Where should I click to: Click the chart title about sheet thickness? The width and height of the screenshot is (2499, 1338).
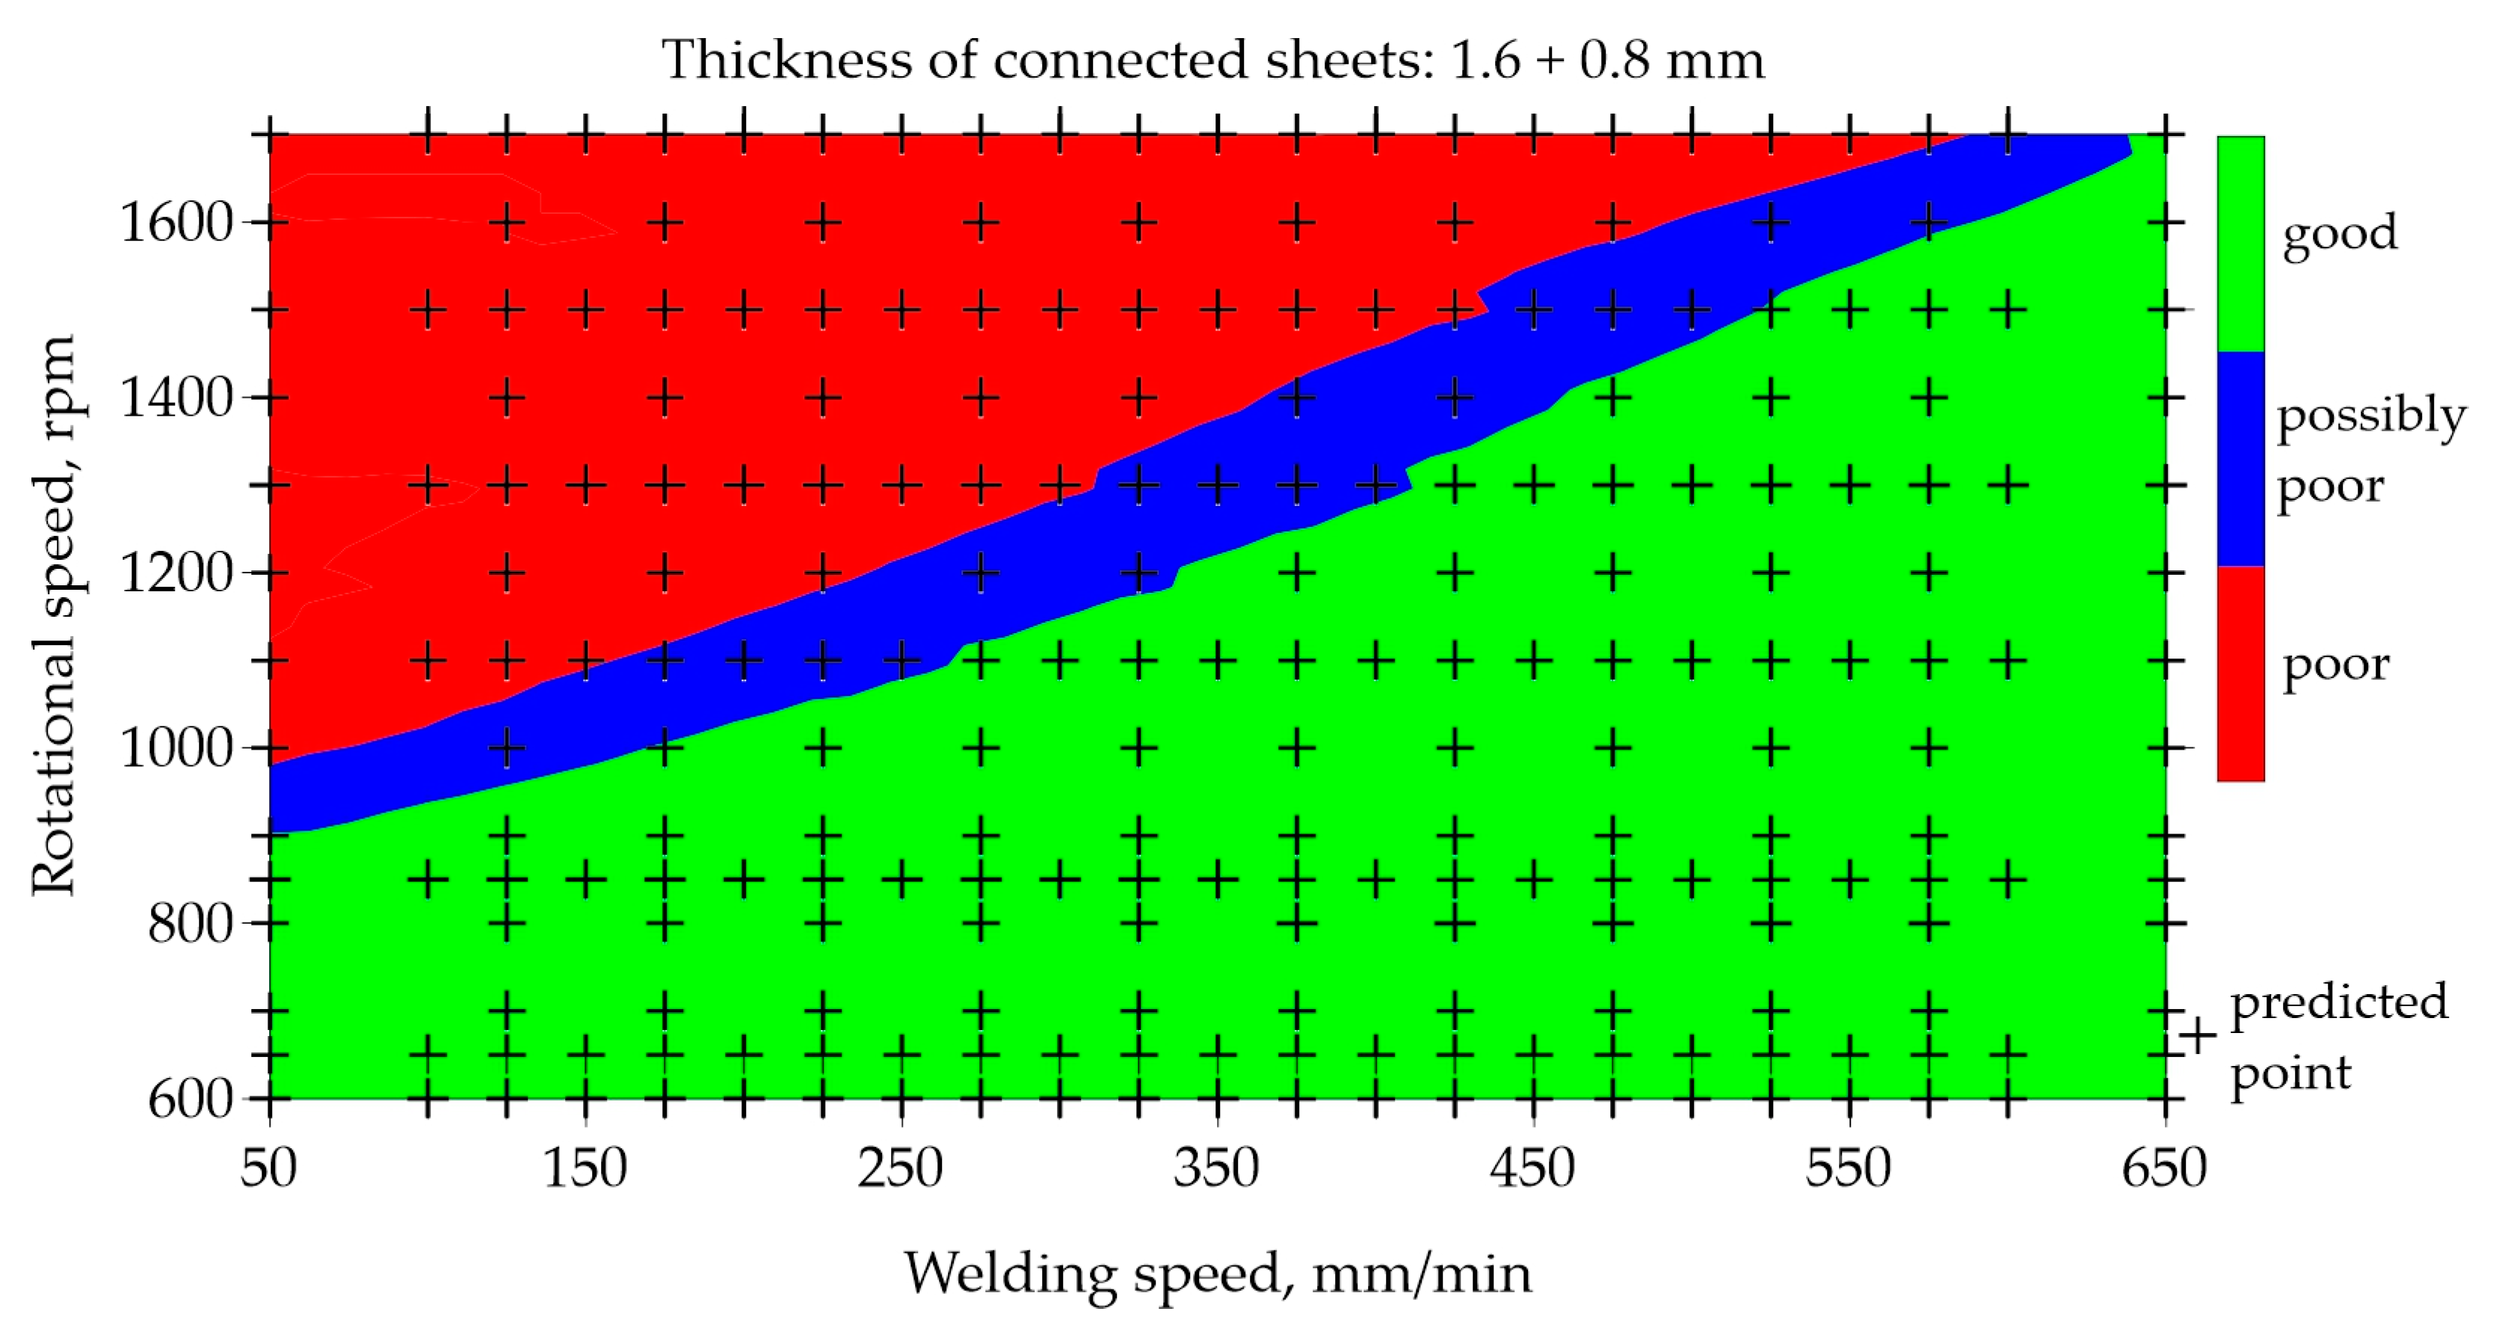pos(1212,60)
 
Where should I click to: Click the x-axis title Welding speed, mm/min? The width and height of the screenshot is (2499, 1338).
pos(1218,1274)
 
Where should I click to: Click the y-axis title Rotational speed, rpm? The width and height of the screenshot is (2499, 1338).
pos(53,615)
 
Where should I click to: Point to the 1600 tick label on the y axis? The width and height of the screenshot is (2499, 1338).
pos(176,223)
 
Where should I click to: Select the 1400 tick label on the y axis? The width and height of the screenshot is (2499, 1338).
pos(176,398)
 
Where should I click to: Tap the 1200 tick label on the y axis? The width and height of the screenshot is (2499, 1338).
pos(176,573)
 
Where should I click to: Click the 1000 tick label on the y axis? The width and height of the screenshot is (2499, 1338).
pos(176,748)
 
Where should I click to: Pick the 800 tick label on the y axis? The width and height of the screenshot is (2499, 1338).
pos(190,924)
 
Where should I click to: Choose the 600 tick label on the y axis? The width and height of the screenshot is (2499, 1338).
pos(190,1100)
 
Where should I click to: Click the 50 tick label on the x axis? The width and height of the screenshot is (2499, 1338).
pos(268,1168)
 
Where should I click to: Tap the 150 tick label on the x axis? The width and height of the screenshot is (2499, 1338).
pos(585,1168)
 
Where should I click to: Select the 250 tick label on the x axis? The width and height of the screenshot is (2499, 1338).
pos(900,1168)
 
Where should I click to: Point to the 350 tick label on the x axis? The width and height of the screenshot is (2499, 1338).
pos(1216,1168)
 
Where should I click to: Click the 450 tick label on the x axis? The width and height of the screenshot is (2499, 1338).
pos(1532,1168)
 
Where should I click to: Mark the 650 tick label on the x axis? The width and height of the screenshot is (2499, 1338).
pos(2164,1168)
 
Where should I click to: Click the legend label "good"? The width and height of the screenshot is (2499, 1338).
pos(2339,234)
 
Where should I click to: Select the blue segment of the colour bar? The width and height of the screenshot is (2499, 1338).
pos(2241,458)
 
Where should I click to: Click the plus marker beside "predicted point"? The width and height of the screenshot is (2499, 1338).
pos(2199,1035)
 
